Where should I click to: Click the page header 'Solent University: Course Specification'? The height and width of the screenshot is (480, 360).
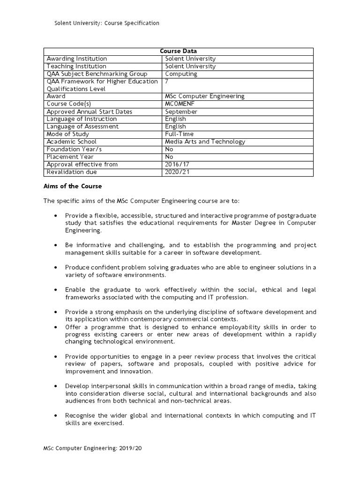point(107,23)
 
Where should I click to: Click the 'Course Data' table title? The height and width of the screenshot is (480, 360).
point(178,51)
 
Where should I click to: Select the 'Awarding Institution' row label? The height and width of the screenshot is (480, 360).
point(77,59)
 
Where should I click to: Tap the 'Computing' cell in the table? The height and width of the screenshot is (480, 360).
point(181,74)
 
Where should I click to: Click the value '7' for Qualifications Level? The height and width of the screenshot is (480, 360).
point(167,82)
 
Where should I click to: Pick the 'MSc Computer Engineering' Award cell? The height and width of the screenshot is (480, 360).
point(205,97)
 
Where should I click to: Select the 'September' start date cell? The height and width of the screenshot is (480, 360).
point(181,112)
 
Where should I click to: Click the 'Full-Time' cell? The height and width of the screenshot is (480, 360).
point(180,134)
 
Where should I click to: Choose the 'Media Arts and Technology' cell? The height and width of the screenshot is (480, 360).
point(205,142)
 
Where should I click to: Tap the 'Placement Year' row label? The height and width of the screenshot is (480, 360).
point(70,157)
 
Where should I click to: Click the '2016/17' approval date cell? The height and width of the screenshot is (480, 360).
point(175,164)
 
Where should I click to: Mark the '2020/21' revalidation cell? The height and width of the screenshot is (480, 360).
point(175,172)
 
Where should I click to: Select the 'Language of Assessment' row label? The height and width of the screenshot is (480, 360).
point(82,127)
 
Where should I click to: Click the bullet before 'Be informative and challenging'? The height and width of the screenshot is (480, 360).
point(56,245)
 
